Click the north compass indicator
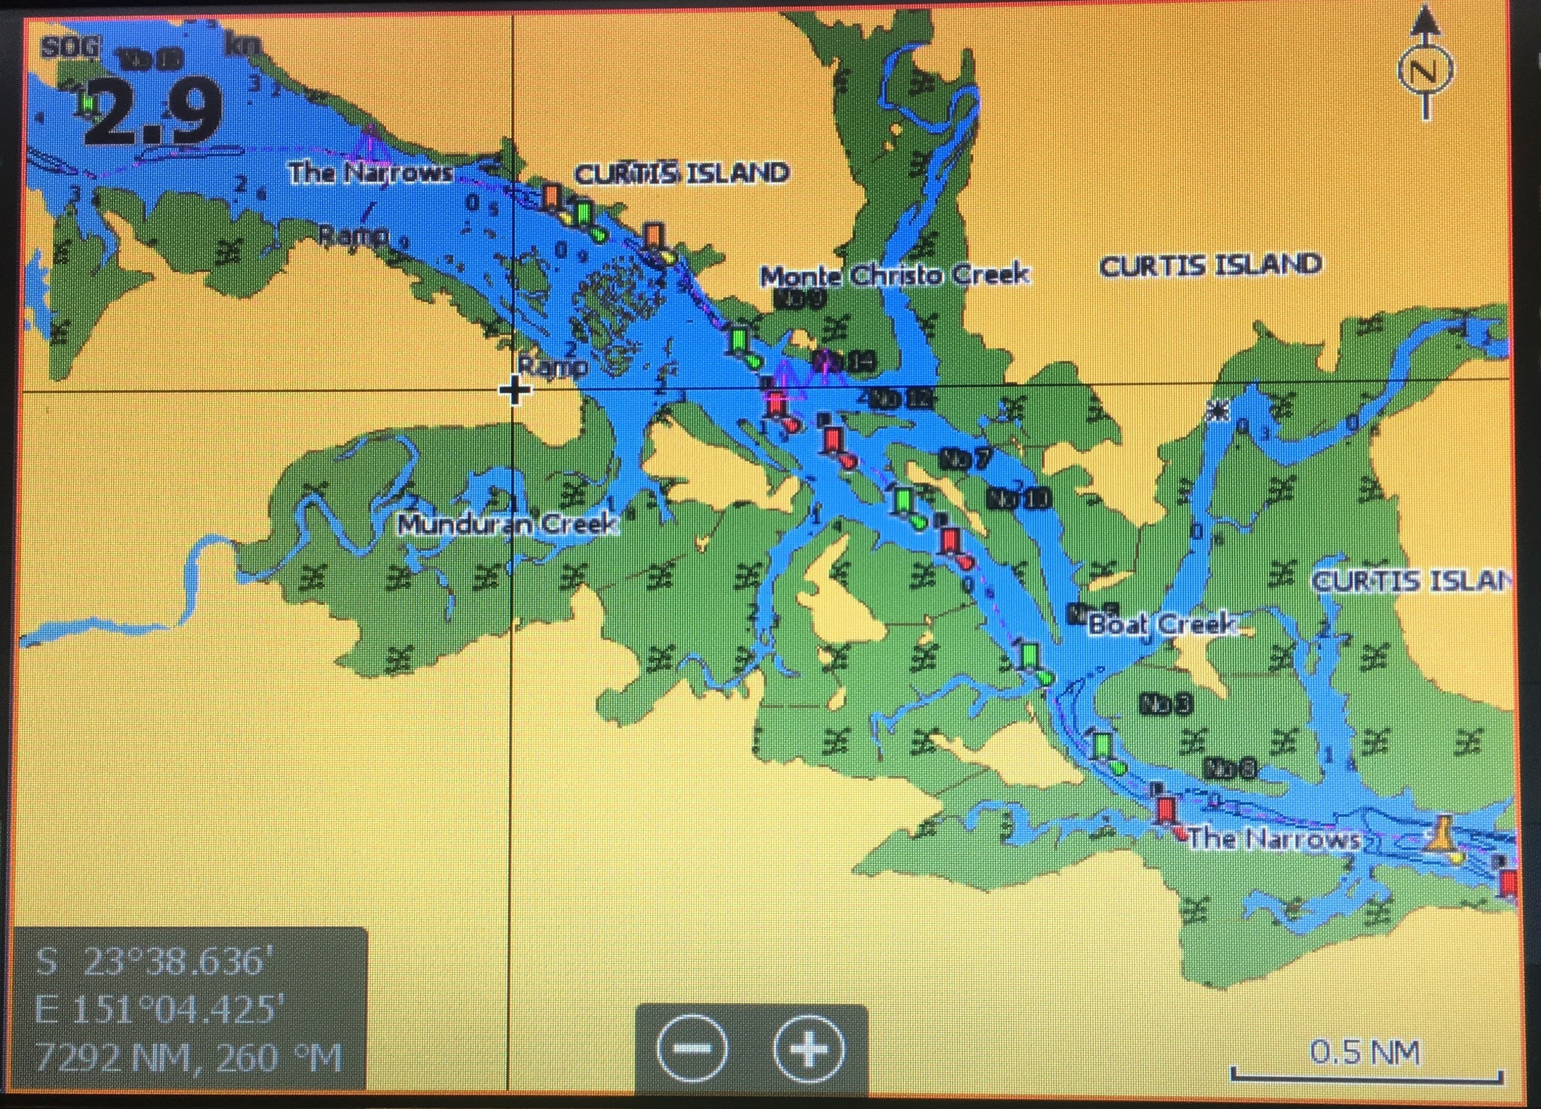1425,70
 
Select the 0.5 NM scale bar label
1365,1053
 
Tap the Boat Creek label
1162,624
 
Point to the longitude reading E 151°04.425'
157,1010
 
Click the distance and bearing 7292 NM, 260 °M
189,1057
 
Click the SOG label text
70,48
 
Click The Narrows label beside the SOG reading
371,173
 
